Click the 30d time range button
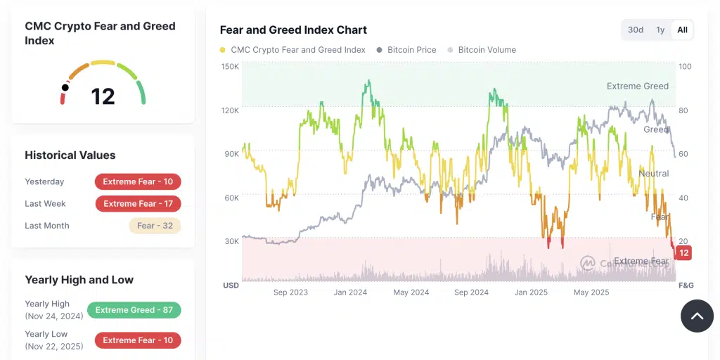635,30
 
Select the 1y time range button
660,30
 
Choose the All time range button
682,30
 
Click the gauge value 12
103,96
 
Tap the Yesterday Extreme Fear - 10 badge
138,181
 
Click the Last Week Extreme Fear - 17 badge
138,204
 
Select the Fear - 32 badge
155,226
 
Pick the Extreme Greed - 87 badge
134,310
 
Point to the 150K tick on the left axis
231,67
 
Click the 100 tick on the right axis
685,67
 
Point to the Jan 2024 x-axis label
350,292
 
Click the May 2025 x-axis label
591,292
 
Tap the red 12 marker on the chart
683,252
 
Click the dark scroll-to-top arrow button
697,316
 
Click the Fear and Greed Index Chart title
293,30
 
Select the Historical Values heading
70,155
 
